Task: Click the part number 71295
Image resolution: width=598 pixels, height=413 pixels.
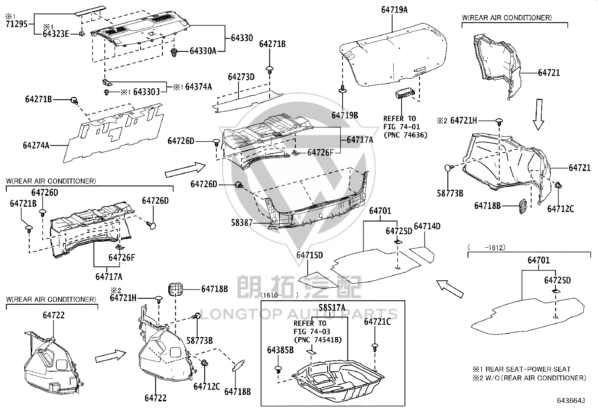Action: click(x=17, y=24)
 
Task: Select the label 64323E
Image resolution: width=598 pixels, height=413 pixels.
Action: click(x=56, y=34)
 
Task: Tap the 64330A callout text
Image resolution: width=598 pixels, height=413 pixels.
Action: click(x=203, y=51)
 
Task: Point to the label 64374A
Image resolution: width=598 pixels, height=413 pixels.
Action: click(x=198, y=86)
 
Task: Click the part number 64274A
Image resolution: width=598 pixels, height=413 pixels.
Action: click(x=36, y=145)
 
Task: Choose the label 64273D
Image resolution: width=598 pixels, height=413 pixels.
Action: click(x=241, y=77)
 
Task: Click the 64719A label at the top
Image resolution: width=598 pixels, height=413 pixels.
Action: click(x=394, y=10)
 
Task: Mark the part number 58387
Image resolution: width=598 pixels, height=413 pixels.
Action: click(x=242, y=222)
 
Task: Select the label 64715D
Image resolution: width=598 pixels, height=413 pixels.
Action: click(x=310, y=255)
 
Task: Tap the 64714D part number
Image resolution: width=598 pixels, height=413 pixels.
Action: click(x=427, y=226)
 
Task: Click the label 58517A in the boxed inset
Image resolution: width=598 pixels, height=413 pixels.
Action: click(x=332, y=308)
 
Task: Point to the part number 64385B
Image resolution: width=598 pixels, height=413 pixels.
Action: click(x=280, y=350)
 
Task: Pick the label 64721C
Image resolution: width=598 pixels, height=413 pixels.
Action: click(x=377, y=322)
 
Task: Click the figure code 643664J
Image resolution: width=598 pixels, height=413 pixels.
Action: click(x=571, y=401)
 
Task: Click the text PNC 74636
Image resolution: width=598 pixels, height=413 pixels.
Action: click(x=406, y=135)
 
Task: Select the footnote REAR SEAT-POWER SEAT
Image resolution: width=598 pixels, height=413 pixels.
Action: click(x=528, y=369)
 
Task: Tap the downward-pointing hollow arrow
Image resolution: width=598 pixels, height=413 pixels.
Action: click(x=539, y=115)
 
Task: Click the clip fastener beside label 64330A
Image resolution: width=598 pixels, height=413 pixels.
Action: click(x=174, y=52)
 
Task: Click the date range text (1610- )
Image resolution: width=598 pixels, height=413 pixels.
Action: click(x=279, y=295)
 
